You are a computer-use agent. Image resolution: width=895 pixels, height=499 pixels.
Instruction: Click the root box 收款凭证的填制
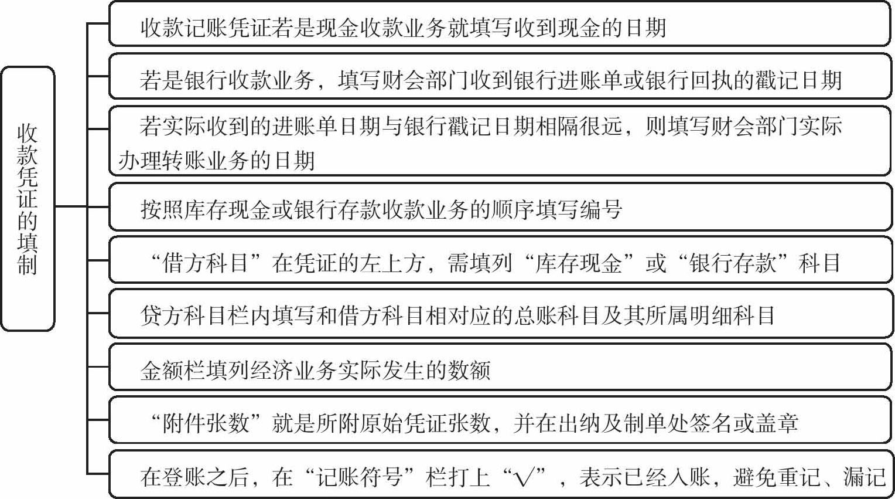(28, 199)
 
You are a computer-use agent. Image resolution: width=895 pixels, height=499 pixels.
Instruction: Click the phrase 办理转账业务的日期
(217, 160)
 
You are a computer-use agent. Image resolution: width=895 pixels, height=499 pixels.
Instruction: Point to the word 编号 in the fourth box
(601, 209)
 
